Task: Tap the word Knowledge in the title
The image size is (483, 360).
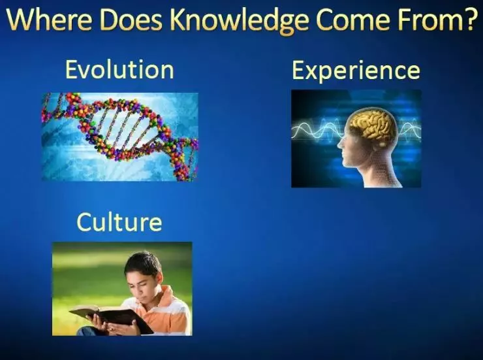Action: pos(240,22)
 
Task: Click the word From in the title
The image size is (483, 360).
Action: pos(425,20)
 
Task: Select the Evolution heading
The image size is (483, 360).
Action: pos(119,70)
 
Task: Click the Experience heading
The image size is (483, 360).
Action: pos(356,71)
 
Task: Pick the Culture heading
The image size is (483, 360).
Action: pos(119,221)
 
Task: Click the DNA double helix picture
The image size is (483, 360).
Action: pos(120,137)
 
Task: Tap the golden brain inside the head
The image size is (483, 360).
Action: pos(373,125)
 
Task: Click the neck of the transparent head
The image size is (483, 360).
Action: pos(381,174)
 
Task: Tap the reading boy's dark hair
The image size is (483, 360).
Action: pos(143,263)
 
